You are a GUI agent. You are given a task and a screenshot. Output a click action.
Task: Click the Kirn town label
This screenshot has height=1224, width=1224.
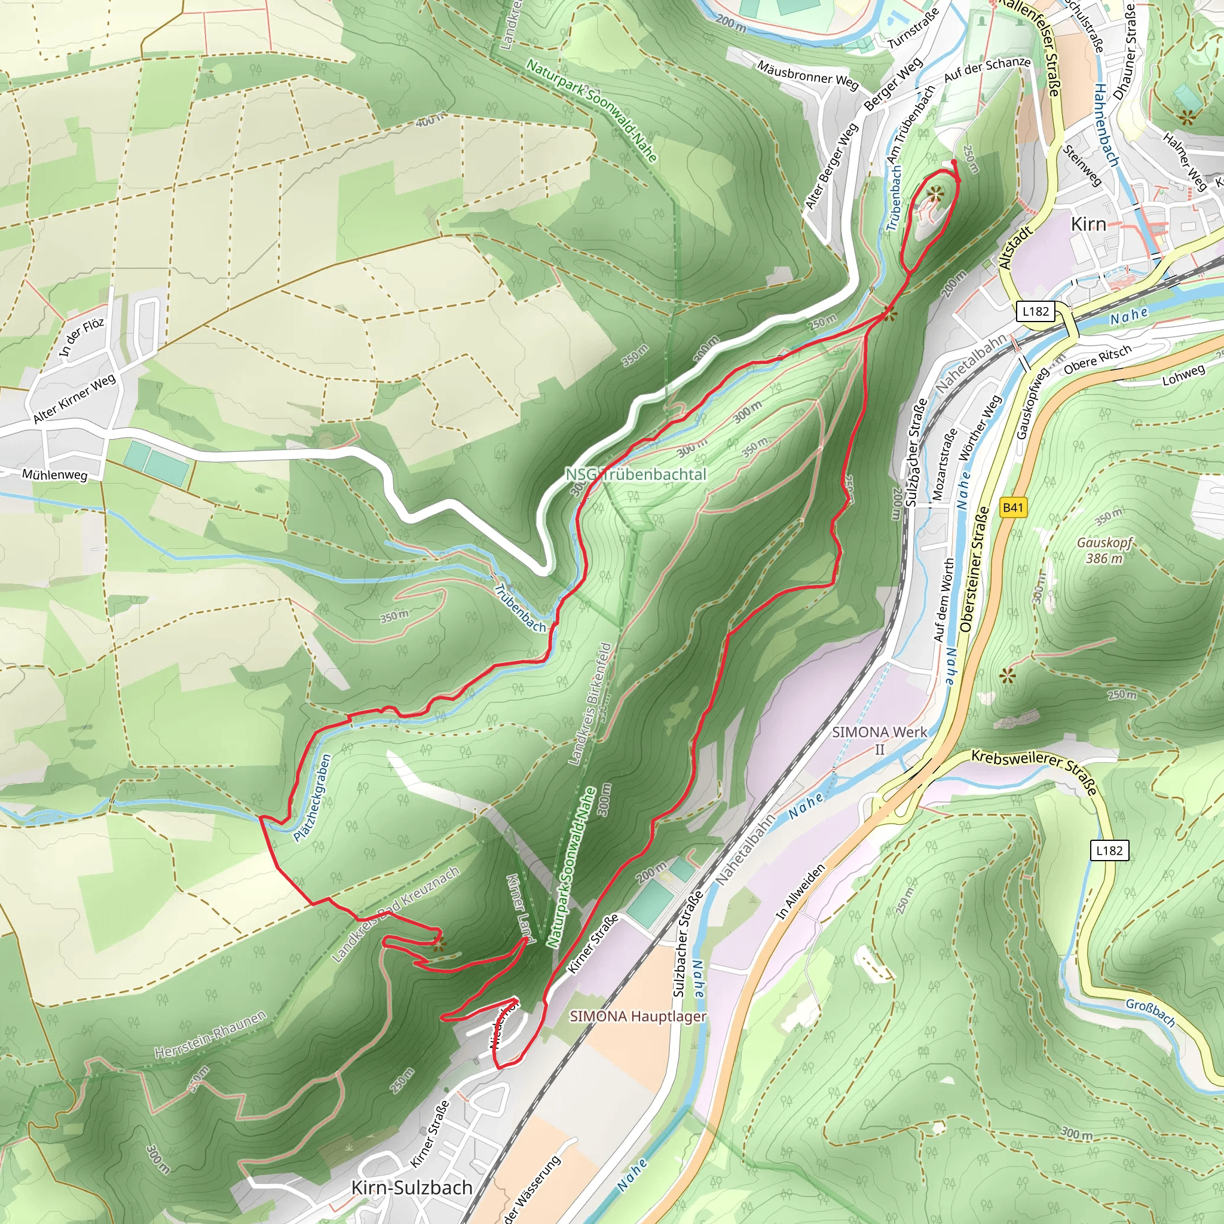[1088, 224]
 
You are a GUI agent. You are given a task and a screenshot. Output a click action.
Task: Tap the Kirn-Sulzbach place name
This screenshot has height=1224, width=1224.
[412, 1188]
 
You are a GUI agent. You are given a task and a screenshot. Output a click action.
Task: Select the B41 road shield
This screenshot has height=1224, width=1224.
[1012, 507]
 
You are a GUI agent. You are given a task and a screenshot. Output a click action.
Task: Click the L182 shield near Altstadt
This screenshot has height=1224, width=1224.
[1036, 311]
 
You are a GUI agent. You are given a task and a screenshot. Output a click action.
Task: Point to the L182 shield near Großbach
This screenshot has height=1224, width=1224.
[1109, 850]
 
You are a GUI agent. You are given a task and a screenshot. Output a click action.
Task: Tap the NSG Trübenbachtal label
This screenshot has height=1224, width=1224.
[635, 475]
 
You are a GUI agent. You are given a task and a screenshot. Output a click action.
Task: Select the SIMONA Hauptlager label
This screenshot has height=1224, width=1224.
[637, 1016]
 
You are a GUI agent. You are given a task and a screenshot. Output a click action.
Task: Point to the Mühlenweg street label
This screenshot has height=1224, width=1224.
[54, 475]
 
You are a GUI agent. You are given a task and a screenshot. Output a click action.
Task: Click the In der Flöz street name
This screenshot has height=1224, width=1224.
[82, 337]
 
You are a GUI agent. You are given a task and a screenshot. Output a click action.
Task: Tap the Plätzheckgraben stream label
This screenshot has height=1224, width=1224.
[313, 797]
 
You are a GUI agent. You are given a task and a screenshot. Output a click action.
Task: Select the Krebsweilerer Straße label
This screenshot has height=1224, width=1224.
[1034, 772]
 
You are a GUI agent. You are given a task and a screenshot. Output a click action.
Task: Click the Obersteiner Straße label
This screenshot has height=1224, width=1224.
[974, 569]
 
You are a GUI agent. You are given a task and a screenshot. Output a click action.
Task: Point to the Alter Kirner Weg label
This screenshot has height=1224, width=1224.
[75, 399]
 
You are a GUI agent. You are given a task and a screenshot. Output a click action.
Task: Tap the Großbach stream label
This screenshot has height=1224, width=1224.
[1150, 1012]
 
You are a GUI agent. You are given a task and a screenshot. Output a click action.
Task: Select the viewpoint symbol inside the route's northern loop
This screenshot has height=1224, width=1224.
[935, 194]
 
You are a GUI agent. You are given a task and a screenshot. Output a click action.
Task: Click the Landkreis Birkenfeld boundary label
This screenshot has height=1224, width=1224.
[590, 703]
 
